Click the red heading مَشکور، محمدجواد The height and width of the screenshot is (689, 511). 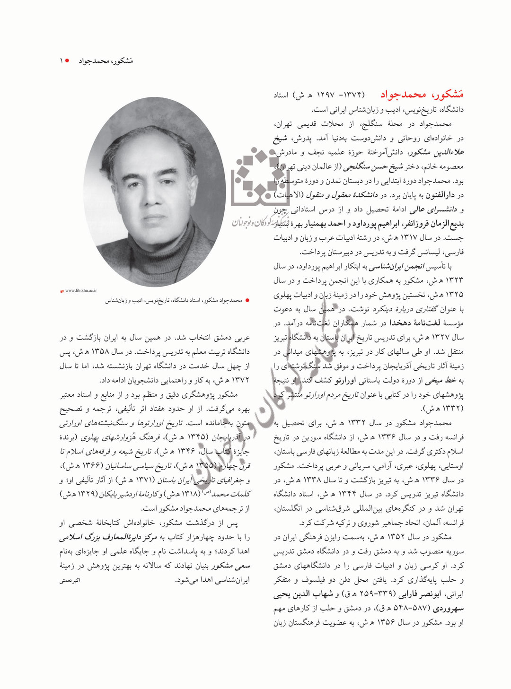pyautogui.click(x=422, y=95)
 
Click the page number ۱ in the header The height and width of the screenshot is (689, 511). pyautogui.click(x=61, y=61)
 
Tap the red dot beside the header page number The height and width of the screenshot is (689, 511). pyautogui.click(x=68, y=61)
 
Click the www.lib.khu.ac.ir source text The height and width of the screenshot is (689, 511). pyautogui.click(x=80, y=290)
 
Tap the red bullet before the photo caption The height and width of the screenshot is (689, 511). pyautogui.click(x=247, y=300)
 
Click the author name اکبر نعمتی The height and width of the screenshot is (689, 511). pyautogui.click(x=70, y=580)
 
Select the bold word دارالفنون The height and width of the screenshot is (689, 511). pyautogui.click(x=440, y=195)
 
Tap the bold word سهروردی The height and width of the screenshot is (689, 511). pyautogui.click(x=448, y=609)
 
